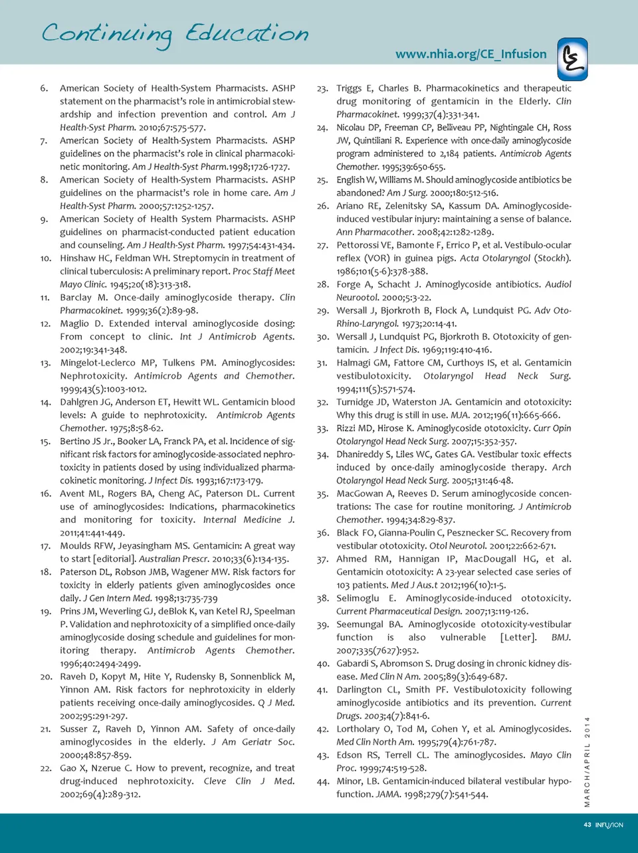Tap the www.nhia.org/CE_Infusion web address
point(471,54)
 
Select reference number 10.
point(46,258)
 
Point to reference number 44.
point(322,782)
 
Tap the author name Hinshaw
point(79,258)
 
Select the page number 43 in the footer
point(587,825)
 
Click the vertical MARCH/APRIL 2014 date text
point(587,762)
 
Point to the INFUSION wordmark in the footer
point(609,825)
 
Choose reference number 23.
point(322,88)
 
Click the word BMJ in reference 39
point(561,638)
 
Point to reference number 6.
point(44,88)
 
